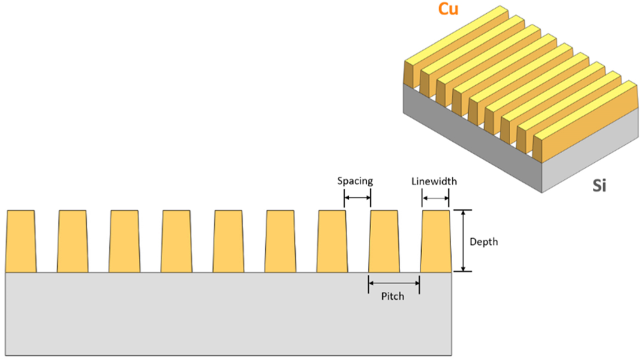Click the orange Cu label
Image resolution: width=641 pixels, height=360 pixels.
click(x=448, y=9)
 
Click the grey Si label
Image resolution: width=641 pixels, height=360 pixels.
click(x=599, y=185)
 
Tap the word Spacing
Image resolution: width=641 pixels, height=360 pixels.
click(x=355, y=181)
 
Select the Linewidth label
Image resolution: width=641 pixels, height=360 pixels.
click(x=434, y=181)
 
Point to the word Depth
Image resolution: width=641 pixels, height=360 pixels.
click(x=483, y=242)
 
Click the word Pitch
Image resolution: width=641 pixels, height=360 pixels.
click(x=392, y=296)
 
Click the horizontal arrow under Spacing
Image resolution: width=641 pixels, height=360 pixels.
click(x=357, y=198)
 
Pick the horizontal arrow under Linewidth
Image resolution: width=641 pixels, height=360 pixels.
click(x=435, y=198)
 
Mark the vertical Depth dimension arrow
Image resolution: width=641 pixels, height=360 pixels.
click(x=463, y=240)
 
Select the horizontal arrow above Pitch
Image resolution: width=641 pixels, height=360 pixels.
click(x=394, y=283)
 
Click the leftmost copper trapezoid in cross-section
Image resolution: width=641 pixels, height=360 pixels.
click(x=21, y=241)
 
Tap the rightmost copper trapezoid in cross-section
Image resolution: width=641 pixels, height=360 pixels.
click(x=435, y=241)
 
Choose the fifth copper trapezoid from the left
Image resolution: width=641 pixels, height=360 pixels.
click(x=229, y=241)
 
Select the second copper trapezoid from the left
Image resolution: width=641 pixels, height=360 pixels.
click(x=73, y=241)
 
